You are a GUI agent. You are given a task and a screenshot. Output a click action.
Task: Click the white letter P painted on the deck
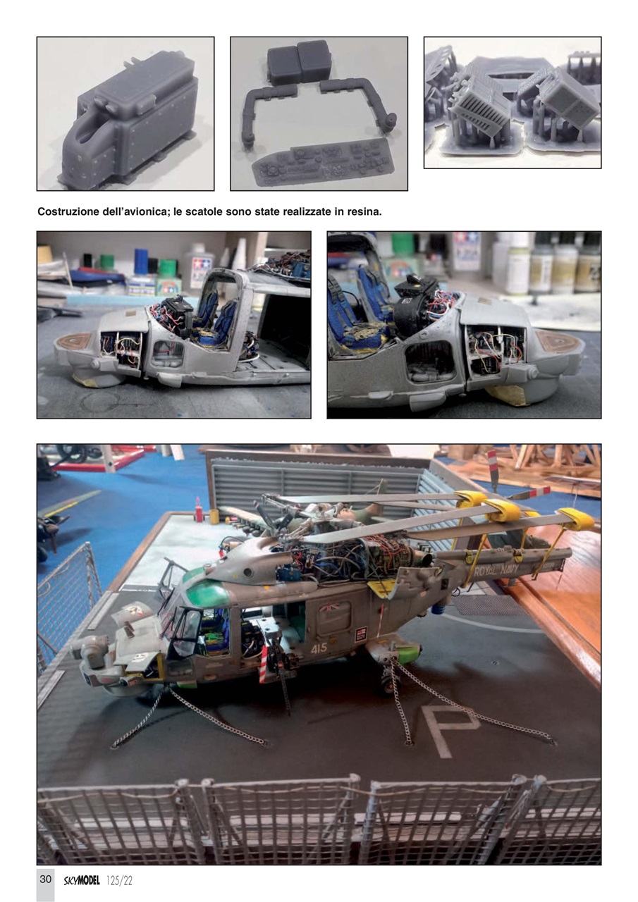point(449,728)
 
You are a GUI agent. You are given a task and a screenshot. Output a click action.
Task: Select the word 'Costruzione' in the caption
point(68,211)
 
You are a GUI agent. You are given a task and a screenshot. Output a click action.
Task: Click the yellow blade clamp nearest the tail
point(575,519)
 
